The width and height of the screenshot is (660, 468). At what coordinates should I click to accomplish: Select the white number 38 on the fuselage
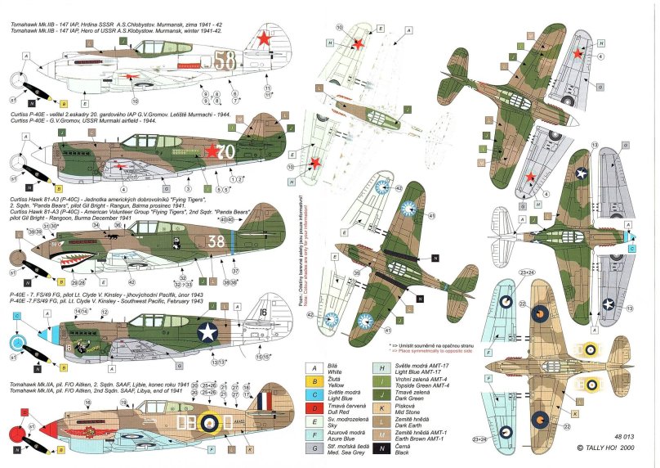click(x=215, y=241)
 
